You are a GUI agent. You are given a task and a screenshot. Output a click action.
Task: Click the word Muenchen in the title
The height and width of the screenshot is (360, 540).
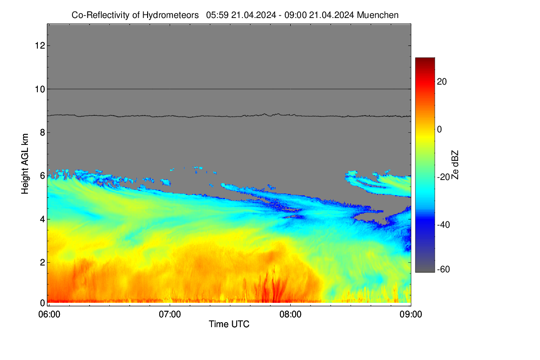pos(378,15)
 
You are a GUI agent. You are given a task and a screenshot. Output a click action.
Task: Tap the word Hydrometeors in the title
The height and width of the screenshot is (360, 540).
pos(170,15)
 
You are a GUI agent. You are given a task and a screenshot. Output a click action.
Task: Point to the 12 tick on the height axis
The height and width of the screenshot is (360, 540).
pos(40,45)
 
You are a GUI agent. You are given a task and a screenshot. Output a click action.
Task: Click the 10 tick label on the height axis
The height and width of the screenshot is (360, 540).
pos(40,89)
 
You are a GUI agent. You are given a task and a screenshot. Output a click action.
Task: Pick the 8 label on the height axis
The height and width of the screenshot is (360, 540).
pos(43,132)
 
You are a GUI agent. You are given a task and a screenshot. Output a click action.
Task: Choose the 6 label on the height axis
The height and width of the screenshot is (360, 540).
pos(43,176)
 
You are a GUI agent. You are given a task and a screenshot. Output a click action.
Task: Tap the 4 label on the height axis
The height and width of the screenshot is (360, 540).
pos(43,219)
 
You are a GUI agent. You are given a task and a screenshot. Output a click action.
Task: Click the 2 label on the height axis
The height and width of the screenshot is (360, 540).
pos(43,262)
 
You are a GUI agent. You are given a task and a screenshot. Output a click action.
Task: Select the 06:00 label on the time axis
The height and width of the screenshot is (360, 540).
pos(49,315)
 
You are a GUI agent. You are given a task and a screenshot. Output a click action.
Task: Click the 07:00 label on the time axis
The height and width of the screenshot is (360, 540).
pos(170,315)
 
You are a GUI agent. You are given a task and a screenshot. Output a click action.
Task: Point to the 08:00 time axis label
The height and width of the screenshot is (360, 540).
pos(290,315)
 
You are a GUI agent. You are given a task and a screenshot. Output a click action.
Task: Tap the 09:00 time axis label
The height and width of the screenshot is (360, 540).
pos(411,315)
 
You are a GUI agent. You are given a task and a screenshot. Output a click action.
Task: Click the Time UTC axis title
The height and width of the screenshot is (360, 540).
pos(229,324)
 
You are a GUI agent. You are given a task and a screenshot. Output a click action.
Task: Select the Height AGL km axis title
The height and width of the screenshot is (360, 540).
pos(25,164)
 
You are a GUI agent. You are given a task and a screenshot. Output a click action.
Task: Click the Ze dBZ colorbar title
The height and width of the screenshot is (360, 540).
pos(454,165)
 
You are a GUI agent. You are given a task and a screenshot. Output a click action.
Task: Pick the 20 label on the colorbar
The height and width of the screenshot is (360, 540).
pos(442,82)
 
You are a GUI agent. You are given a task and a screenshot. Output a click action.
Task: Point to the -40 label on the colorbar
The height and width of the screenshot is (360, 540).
pos(443,225)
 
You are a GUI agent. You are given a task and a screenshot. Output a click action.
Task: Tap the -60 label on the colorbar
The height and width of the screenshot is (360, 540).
pos(443,270)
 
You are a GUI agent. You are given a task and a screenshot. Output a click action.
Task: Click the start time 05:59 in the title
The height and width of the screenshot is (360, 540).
pos(217,15)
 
